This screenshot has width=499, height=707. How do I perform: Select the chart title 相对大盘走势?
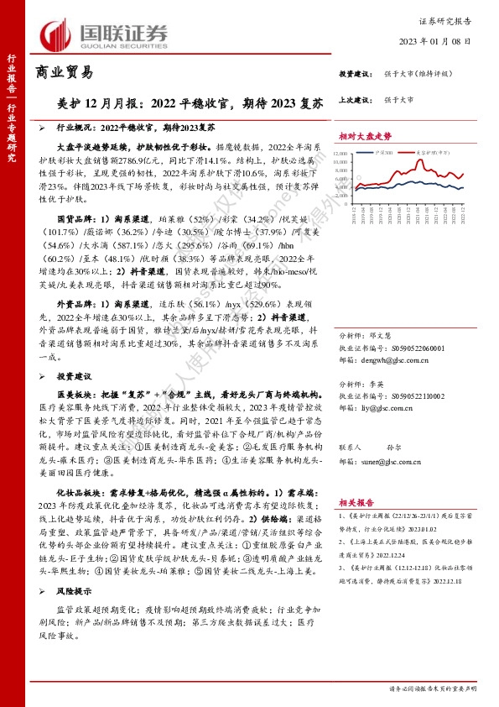tap(366, 134)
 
